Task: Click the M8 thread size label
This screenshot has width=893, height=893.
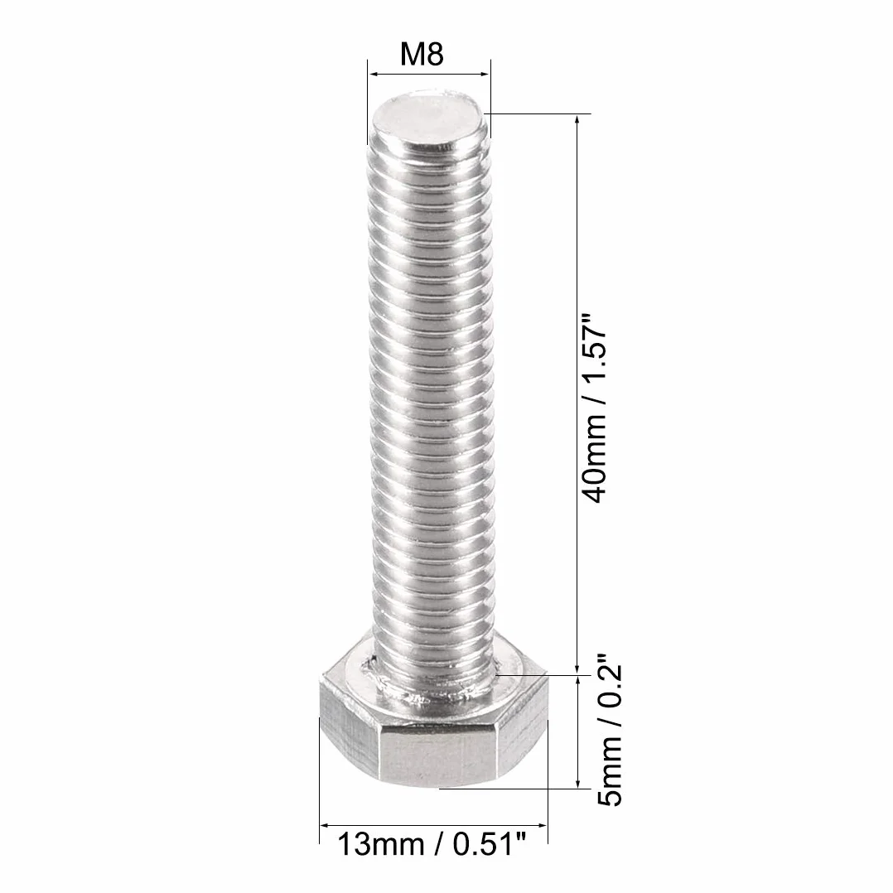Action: click(x=422, y=54)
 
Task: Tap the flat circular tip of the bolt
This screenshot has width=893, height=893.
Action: click(x=429, y=119)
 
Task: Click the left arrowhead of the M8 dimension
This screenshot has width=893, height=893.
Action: click(x=374, y=74)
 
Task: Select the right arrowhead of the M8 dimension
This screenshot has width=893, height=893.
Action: click(x=484, y=74)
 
